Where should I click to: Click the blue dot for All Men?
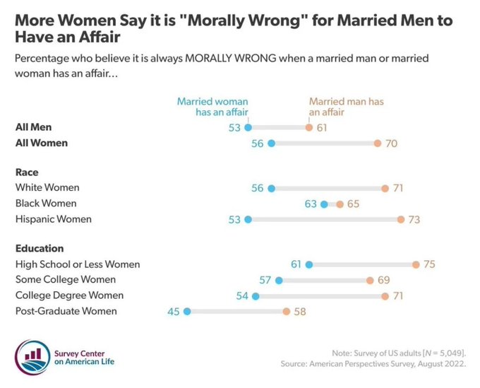(x=248, y=127)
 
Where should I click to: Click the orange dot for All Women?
(x=377, y=143)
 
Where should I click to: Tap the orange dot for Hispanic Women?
(x=400, y=220)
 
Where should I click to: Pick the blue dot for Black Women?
(x=324, y=204)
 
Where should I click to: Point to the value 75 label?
(x=430, y=264)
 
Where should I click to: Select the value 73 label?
(x=414, y=220)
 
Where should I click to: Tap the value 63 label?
(x=310, y=204)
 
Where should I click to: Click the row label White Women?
(x=47, y=188)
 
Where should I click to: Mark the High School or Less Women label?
(x=77, y=264)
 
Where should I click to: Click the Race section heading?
(x=27, y=172)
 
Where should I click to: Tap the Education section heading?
(x=40, y=249)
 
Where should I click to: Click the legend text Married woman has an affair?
(x=212, y=107)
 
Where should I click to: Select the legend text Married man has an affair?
(x=346, y=107)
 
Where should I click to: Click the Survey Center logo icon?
(x=31, y=354)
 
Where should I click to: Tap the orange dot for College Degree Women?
(x=385, y=295)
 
